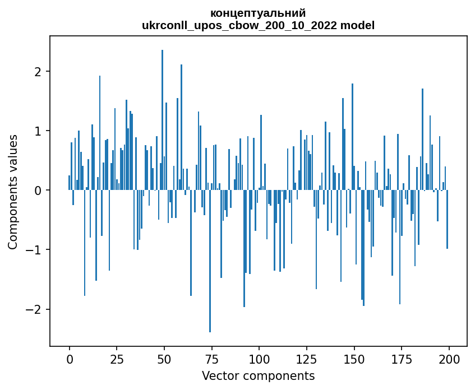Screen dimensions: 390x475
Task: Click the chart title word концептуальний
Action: pyautogui.click(x=258, y=13)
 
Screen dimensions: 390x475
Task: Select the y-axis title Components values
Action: pyautogui.click(x=13, y=191)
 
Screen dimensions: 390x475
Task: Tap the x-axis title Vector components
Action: pyautogui.click(x=258, y=375)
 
